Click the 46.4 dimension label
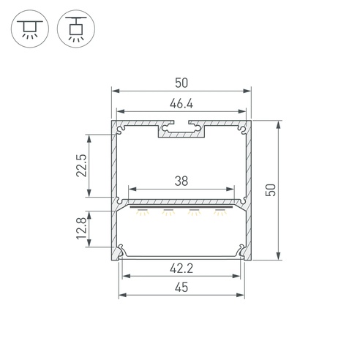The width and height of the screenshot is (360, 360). coord(181,104)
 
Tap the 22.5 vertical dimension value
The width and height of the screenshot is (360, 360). coord(81,165)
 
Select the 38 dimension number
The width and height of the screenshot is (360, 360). coord(181,181)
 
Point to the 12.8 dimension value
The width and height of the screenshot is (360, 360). coord(81,228)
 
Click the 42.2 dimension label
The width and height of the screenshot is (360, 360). coord(181,269)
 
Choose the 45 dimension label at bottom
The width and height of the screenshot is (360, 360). coord(181,288)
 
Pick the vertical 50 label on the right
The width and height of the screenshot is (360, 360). coord(271,190)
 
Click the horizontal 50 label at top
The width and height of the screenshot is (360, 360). coord(181,83)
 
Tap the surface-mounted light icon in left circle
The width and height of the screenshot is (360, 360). coord(30,29)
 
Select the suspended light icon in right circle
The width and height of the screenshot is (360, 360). coord(76,29)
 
